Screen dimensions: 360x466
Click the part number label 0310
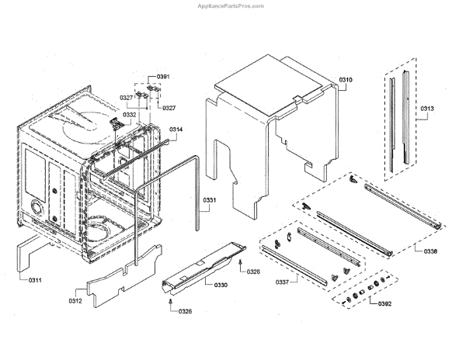(x=346, y=81)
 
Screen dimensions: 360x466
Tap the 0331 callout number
(x=211, y=201)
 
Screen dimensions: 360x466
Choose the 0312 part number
(x=75, y=301)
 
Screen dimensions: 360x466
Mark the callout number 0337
(x=283, y=282)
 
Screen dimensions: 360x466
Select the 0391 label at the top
(x=163, y=76)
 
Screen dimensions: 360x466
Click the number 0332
(x=129, y=115)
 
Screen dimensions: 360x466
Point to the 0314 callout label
(x=176, y=129)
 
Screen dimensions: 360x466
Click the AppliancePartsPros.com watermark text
(x=231, y=5)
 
